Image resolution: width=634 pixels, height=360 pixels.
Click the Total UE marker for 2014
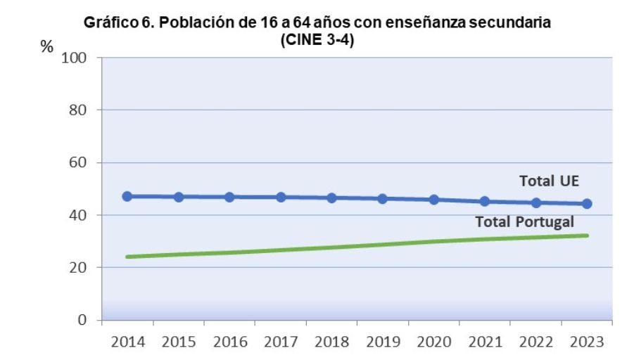pyautogui.click(x=127, y=196)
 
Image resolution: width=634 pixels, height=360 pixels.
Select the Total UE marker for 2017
pyautogui.click(x=281, y=198)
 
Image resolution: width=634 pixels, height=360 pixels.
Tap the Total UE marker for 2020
pyautogui.click(x=434, y=200)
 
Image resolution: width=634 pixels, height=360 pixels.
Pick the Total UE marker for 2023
pyautogui.click(x=587, y=204)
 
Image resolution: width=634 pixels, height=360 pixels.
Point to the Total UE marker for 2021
pyautogui.click(x=485, y=202)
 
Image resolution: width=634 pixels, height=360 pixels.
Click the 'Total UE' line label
pyautogui.click(x=549, y=181)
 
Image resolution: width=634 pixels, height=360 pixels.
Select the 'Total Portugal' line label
pyautogui.click(x=524, y=222)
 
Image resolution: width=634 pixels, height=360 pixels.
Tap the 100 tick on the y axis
pyautogui.click(x=74, y=58)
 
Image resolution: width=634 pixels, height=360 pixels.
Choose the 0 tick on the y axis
pyautogui.click(x=82, y=321)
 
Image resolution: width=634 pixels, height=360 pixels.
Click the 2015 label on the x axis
pyautogui.click(x=179, y=342)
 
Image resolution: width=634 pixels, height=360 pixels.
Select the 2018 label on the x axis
pyautogui.click(x=332, y=342)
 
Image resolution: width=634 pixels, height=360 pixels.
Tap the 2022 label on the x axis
pyautogui.click(x=536, y=342)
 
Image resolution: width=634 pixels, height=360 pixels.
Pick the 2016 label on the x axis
pyautogui.click(x=229, y=342)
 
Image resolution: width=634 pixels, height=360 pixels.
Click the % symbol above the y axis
pyautogui.click(x=47, y=47)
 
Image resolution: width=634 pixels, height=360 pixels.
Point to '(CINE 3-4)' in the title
pyautogui.click(x=317, y=37)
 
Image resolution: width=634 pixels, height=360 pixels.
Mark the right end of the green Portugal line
pyautogui.click(x=587, y=236)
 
